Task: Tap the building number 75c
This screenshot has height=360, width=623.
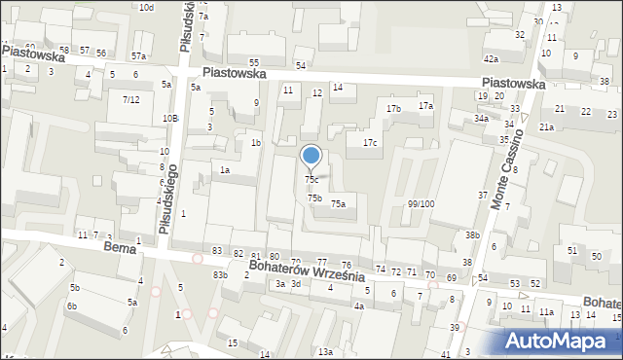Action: coord(311,180)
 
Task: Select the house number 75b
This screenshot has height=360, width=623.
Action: coord(314,198)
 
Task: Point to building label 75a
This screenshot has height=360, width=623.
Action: coord(338,204)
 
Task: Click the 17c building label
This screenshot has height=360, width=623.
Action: coord(370,143)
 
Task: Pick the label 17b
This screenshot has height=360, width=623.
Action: coord(392,108)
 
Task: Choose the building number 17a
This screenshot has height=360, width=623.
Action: coord(425,105)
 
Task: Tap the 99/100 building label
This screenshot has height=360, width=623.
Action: coord(421,204)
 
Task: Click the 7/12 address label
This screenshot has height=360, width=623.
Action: coord(130,100)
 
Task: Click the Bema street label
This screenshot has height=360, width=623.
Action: coord(118,250)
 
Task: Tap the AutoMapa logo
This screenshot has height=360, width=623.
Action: coord(563,342)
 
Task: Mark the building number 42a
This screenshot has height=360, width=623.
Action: coord(491,59)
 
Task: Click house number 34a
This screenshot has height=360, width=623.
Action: coord(481,119)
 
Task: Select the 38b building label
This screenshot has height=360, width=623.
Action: coord(472,235)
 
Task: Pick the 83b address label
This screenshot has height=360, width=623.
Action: coord(221,275)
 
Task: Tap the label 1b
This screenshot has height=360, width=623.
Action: coord(256,143)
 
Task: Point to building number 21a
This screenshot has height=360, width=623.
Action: coord(547,127)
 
